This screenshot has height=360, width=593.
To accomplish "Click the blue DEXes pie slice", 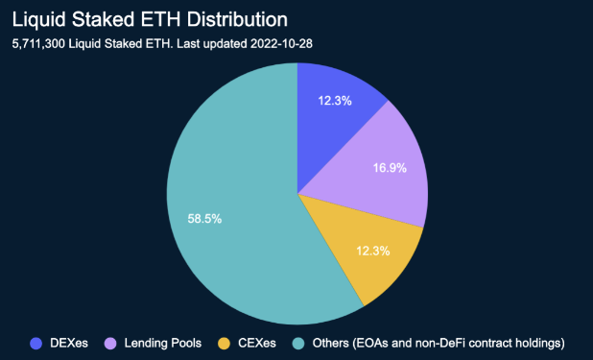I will pyautogui.click(x=331, y=115).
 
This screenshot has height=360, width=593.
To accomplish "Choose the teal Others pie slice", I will pyautogui.click(x=230, y=221).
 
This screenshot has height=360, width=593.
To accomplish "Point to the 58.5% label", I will pyautogui.click(x=204, y=219).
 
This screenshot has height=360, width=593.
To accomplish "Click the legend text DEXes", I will pyautogui.click(x=68, y=342).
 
